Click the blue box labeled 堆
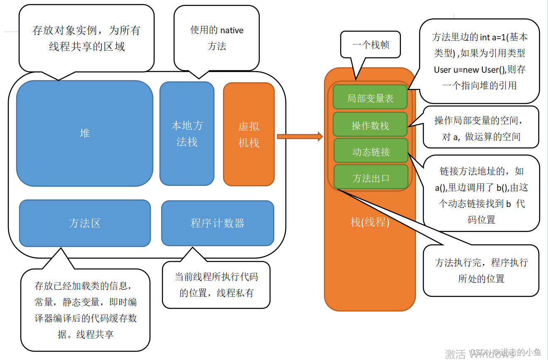(85, 133)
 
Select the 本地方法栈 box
(187, 133)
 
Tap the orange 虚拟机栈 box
(249, 134)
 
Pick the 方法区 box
(85, 223)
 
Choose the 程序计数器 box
(217, 223)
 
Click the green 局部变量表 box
(370, 98)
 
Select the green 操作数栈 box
(370, 125)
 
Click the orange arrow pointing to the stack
(300, 136)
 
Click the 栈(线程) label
(370, 222)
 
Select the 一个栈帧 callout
(371, 44)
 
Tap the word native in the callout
(232, 30)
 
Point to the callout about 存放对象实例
(86, 38)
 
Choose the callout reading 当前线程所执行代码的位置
(216, 285)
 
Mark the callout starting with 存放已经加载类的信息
(85, 310)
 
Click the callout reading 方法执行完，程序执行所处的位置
(481, 270)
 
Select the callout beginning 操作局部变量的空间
(481, 128)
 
